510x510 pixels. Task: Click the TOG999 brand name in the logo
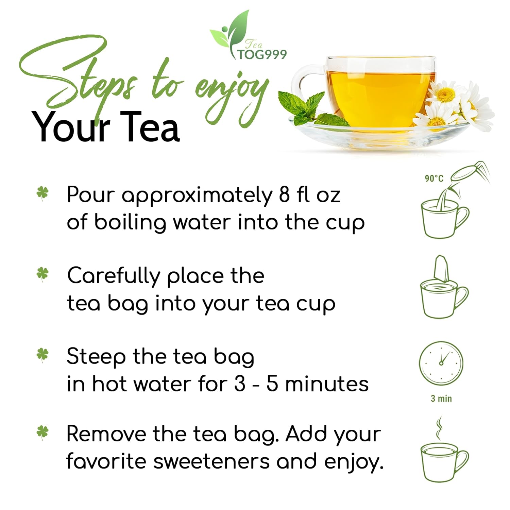[262, 54]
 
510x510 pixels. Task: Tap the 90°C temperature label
[434, 178]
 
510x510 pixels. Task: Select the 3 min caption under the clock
[441, 398]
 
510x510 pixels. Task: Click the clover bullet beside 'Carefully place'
[42, 274]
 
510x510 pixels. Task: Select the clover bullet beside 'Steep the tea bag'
[42, 355]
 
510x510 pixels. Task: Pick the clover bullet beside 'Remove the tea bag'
[42, 432]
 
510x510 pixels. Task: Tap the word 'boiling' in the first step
[130, 223]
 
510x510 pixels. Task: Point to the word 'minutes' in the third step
[327, 384]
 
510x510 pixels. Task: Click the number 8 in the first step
[284, 195]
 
